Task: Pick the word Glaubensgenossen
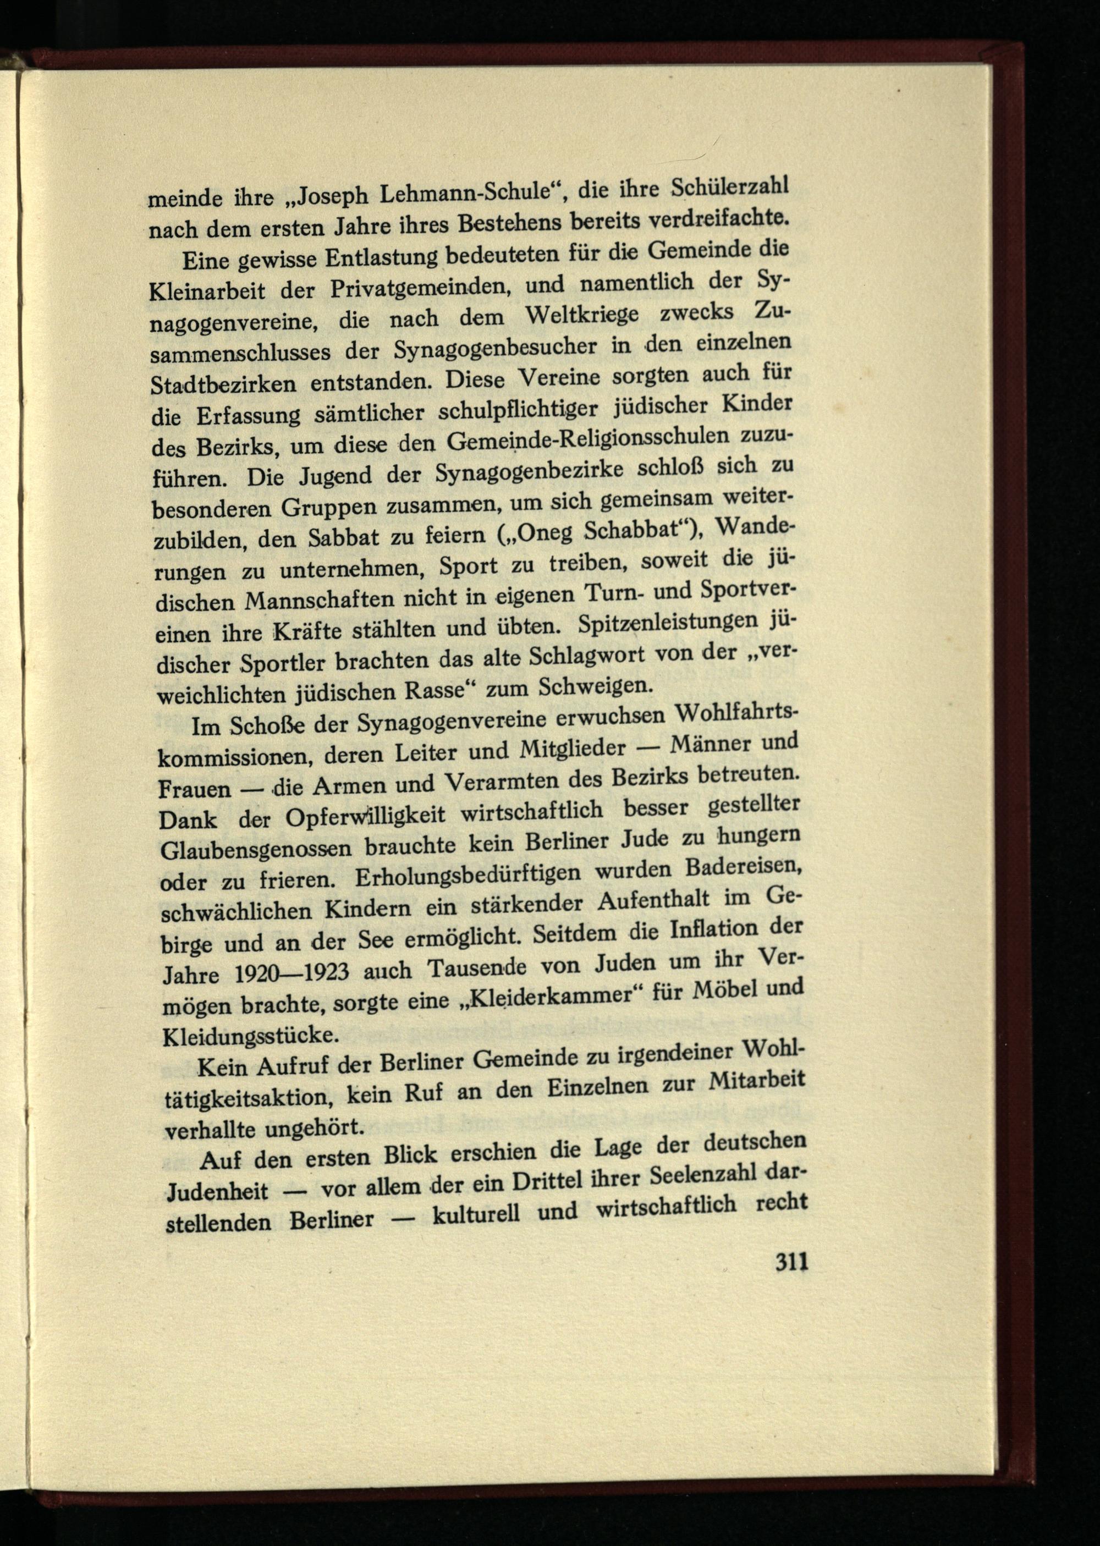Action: tap(258, 849)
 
